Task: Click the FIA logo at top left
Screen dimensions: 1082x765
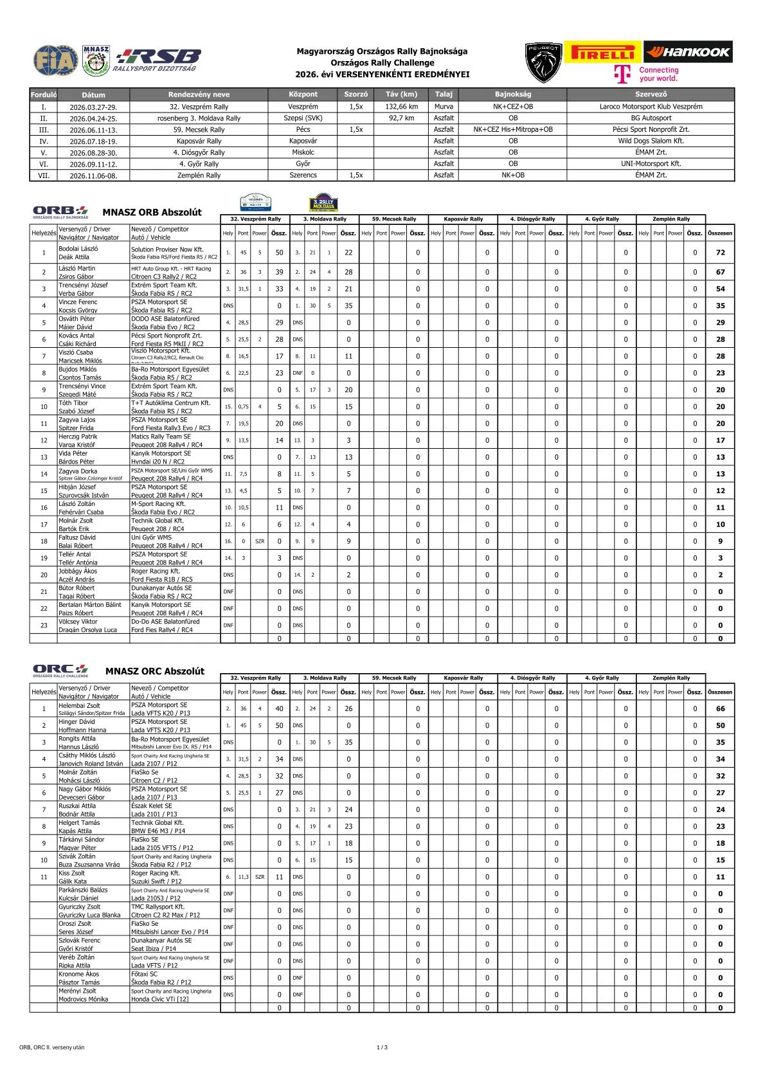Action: [55, 60]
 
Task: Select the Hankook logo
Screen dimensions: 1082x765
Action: [687, 52]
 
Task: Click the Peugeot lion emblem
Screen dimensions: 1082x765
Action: [543, 63]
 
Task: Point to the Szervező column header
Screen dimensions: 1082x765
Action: [650, 95]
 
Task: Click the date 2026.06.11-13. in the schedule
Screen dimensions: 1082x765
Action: [93, 130]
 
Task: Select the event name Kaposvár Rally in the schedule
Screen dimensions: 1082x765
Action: [199, 141]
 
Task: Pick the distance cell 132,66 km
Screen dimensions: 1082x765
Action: [401, 107]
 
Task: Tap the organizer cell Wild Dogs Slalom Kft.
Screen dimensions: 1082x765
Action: [651, 141]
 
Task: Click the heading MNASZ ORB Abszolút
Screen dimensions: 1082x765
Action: [152, 212]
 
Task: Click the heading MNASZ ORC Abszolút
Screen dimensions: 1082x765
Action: [154, 671]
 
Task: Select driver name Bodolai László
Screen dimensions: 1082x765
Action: [78, 248]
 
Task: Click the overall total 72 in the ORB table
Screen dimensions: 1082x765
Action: [720, 253]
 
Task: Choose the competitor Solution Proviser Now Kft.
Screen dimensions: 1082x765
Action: [167, 249]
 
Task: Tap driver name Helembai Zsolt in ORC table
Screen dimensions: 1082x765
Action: [80, 705]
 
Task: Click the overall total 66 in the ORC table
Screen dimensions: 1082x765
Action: [720, 709]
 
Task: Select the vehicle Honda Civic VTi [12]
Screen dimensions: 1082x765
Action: [160, 999]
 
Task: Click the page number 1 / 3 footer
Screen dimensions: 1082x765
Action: [382, 1047]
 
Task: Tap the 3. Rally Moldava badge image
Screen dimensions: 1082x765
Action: [323, 203]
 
